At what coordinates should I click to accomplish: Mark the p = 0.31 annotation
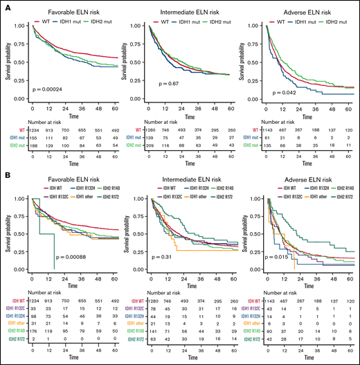point(161,257)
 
